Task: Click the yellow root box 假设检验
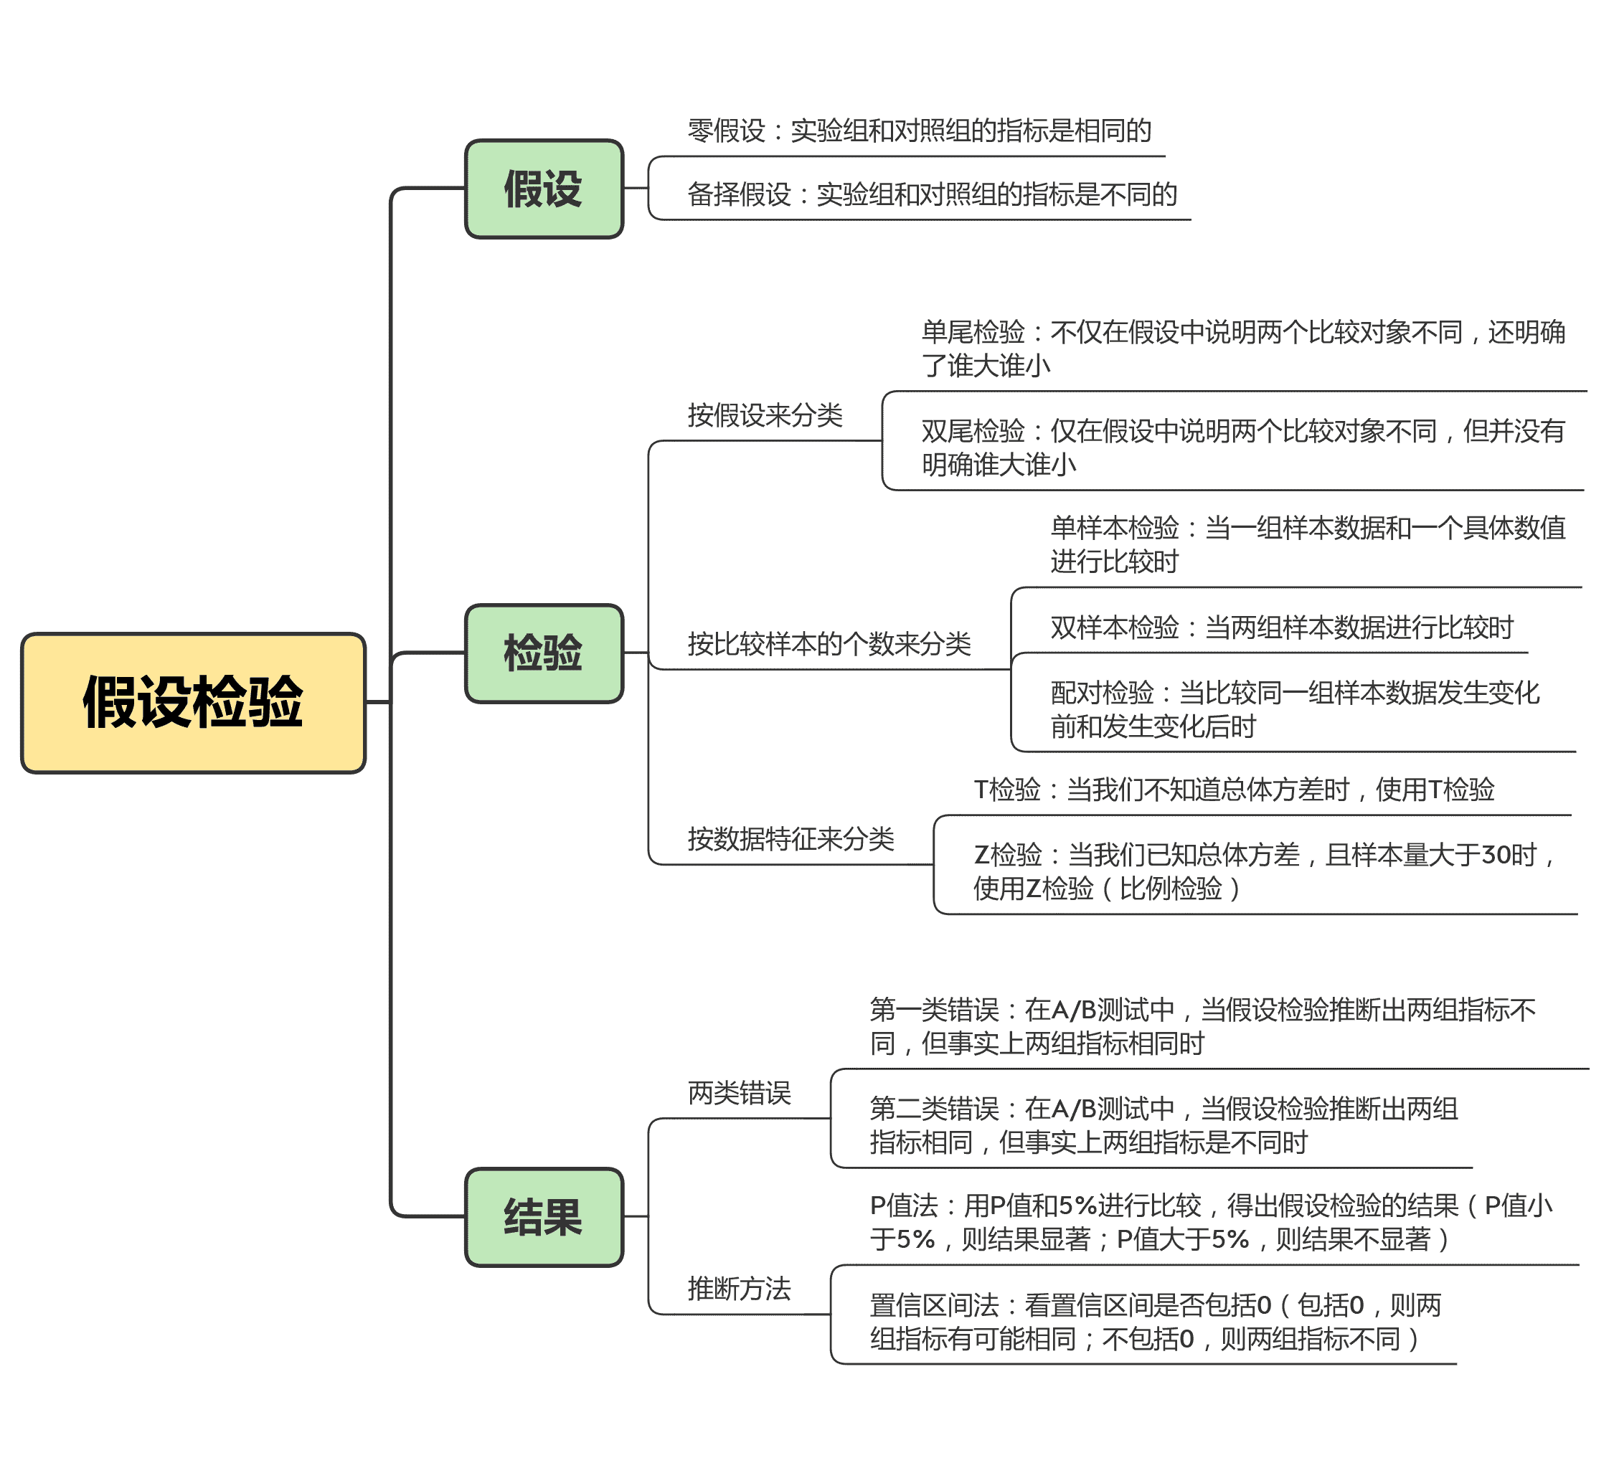(x=193, y=703)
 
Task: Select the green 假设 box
(x=544, y=189)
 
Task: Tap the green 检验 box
(x=544, y=653)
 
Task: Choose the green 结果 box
(x=544, y=1217)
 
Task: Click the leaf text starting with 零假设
(x=919, y=131)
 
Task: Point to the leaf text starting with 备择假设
(x=932, y=194)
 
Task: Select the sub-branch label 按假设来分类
(x=765, y=415)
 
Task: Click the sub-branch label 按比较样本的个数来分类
(x=829, y=643)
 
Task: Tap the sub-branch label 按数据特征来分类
(x=791, y=839)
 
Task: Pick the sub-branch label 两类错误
(x=739, y=1093)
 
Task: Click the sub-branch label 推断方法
(x=739, y=1289)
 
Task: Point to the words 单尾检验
(x=973, y=332)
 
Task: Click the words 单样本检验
(x=1115, y=529)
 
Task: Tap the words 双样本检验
(x=1115, y=628)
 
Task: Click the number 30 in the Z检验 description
(x=1496, y=855)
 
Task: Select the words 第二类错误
(x=934, y=1109)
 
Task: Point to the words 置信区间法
(x=934, y=1305)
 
